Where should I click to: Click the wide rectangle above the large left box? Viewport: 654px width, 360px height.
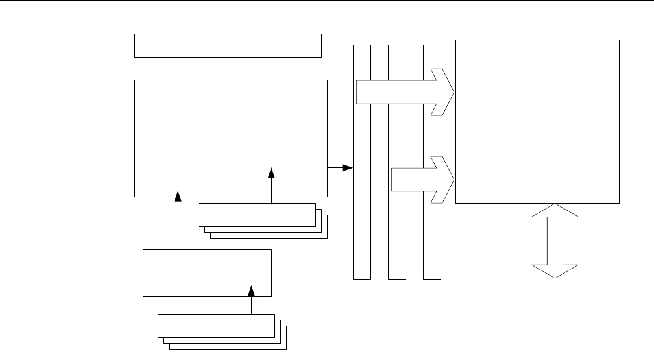[228, 45]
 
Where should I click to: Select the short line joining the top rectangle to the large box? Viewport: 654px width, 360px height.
[228, 69]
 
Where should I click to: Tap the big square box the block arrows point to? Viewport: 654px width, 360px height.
[537, 121]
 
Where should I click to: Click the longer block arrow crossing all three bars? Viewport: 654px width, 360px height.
[402, 92]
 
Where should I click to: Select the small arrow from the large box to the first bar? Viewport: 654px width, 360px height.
[339, 168]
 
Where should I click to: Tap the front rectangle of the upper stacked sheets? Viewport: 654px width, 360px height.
[256, 215]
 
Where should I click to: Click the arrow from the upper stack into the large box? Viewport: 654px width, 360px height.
[271, 185]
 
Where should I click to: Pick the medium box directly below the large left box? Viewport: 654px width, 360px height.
[206, 272]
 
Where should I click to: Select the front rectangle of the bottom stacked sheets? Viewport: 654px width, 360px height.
[215, 326]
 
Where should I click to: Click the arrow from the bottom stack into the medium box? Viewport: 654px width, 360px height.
[250, 300]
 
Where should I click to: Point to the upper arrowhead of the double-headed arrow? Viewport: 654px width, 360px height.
[555, 211]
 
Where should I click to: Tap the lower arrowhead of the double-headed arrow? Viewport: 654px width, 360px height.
[555, 272]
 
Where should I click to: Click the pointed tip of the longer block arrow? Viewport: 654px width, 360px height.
[452, 92]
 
